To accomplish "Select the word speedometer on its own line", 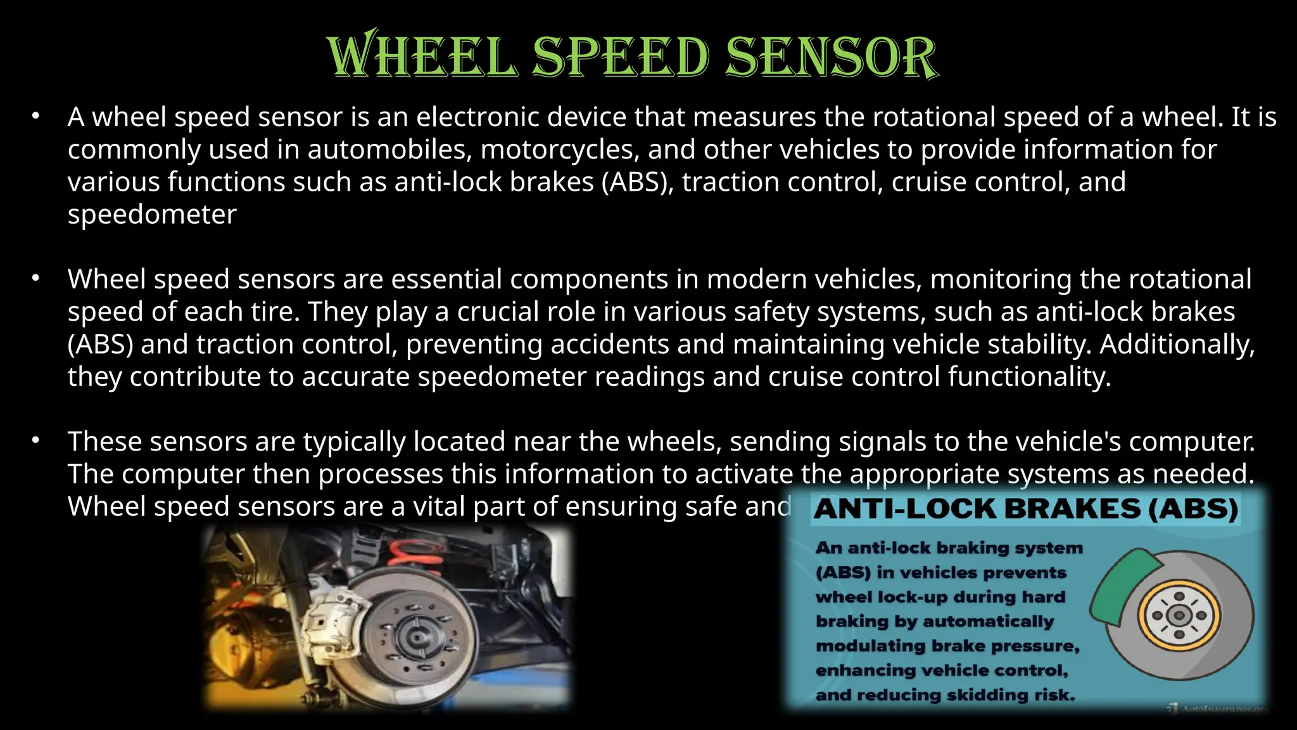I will (152, 214).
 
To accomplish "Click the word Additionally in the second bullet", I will (1176, 344).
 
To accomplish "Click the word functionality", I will (1028, 377).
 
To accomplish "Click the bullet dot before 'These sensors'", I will (36, 440).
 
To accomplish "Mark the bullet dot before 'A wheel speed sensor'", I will (36, 115).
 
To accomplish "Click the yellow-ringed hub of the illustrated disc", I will (1179, 615).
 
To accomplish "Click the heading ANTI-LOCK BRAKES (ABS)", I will (1025, 509).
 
